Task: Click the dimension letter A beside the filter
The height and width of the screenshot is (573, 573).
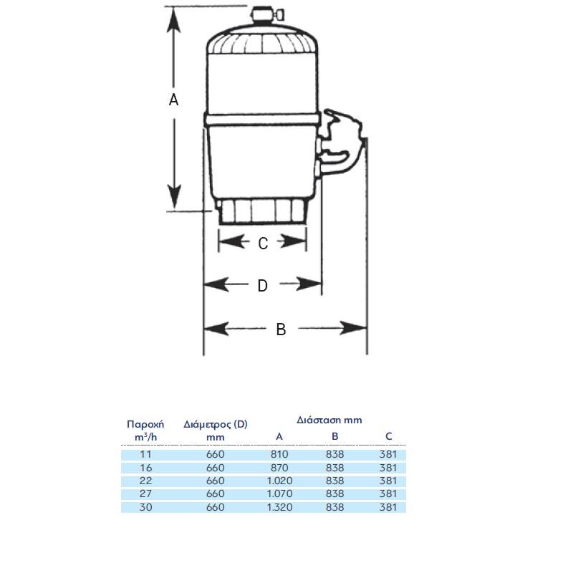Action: tap(173, 100)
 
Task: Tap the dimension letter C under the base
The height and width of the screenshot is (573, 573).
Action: tap(263, 244)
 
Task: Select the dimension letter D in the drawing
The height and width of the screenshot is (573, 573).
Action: tap(263, 285)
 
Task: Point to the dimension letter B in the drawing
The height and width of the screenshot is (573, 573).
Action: tap(281, 329)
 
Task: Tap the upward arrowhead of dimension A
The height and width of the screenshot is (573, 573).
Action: tap(173, 20)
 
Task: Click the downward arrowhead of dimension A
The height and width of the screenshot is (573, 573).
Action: tap(174, 196)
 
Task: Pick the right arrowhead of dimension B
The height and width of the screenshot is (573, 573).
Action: tap(353, 328)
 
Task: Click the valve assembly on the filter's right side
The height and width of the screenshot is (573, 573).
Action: tap(338, 143)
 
